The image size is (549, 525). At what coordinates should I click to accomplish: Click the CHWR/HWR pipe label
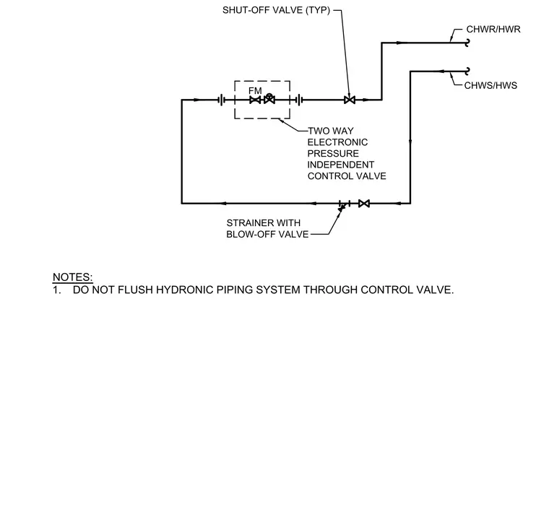point(493,30)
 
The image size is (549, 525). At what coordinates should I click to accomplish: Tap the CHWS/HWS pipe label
point(490,86)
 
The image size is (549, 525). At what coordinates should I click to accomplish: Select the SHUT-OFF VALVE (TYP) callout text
point(276,10)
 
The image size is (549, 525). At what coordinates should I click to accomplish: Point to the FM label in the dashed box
point(255,91)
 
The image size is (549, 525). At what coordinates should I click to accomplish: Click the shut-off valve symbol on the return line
point(350,100)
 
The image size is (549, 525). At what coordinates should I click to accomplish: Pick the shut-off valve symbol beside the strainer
point(364,204)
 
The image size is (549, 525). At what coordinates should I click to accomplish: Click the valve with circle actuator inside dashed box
point(269,99)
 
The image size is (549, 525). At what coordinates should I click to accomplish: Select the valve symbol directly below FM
point(255,100)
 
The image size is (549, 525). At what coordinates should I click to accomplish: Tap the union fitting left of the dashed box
point(221,100)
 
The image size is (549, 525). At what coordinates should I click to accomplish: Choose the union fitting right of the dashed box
point(299,100)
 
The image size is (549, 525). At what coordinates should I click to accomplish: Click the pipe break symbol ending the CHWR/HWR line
point(467,43)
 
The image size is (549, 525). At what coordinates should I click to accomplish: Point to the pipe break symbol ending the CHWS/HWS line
point(467,71)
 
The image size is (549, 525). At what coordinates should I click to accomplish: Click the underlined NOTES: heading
point(72,277)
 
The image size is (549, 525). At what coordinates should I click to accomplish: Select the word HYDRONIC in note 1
point(184,290)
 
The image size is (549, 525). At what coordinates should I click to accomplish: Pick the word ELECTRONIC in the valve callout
point(337,142)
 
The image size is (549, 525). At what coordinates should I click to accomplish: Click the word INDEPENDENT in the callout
point(341,165)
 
